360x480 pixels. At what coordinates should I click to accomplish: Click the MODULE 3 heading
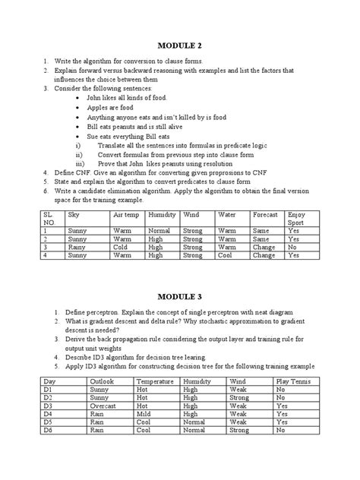point(181,295)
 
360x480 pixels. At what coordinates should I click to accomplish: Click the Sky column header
point(74,215)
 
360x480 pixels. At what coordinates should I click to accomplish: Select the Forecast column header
point(265,215)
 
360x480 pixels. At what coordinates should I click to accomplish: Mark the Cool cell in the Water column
point(226,256)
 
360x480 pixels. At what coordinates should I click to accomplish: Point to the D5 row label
point(48,422)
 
